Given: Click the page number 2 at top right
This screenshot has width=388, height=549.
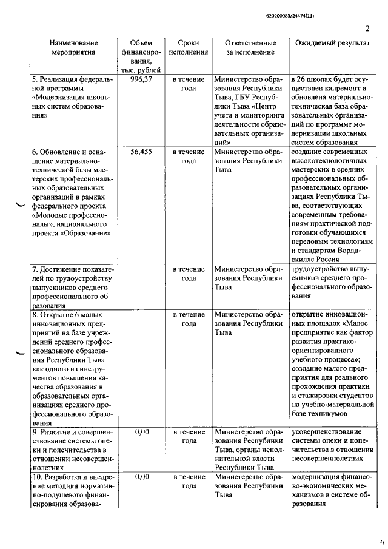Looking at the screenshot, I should pyautogui.click(x=367, y=29).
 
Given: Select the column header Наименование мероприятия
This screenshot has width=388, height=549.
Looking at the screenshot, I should pyautogui.click(x=73, y=48).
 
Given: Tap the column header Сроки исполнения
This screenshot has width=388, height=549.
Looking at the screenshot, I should pyautogui.click(x=189, y=48).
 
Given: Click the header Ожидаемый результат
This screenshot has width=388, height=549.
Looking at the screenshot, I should pyautogui.click(x=332, y=44).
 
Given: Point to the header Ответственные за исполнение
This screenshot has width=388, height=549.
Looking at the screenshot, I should pyautogui.click(x=250, y=48).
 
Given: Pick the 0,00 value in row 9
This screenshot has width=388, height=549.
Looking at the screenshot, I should pyautogui.click(x=141, y=431).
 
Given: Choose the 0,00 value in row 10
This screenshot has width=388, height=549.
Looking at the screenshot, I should pyautogui.click(x=141, y=477).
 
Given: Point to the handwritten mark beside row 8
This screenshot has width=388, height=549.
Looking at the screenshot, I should pyautogui.click(x=21, y=353).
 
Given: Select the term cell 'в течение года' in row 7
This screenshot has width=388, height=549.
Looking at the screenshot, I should pyautogui.click(x=189, y=274).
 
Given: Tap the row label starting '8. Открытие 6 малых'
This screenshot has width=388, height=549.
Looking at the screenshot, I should pyautogui.click(x=67, y=315).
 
